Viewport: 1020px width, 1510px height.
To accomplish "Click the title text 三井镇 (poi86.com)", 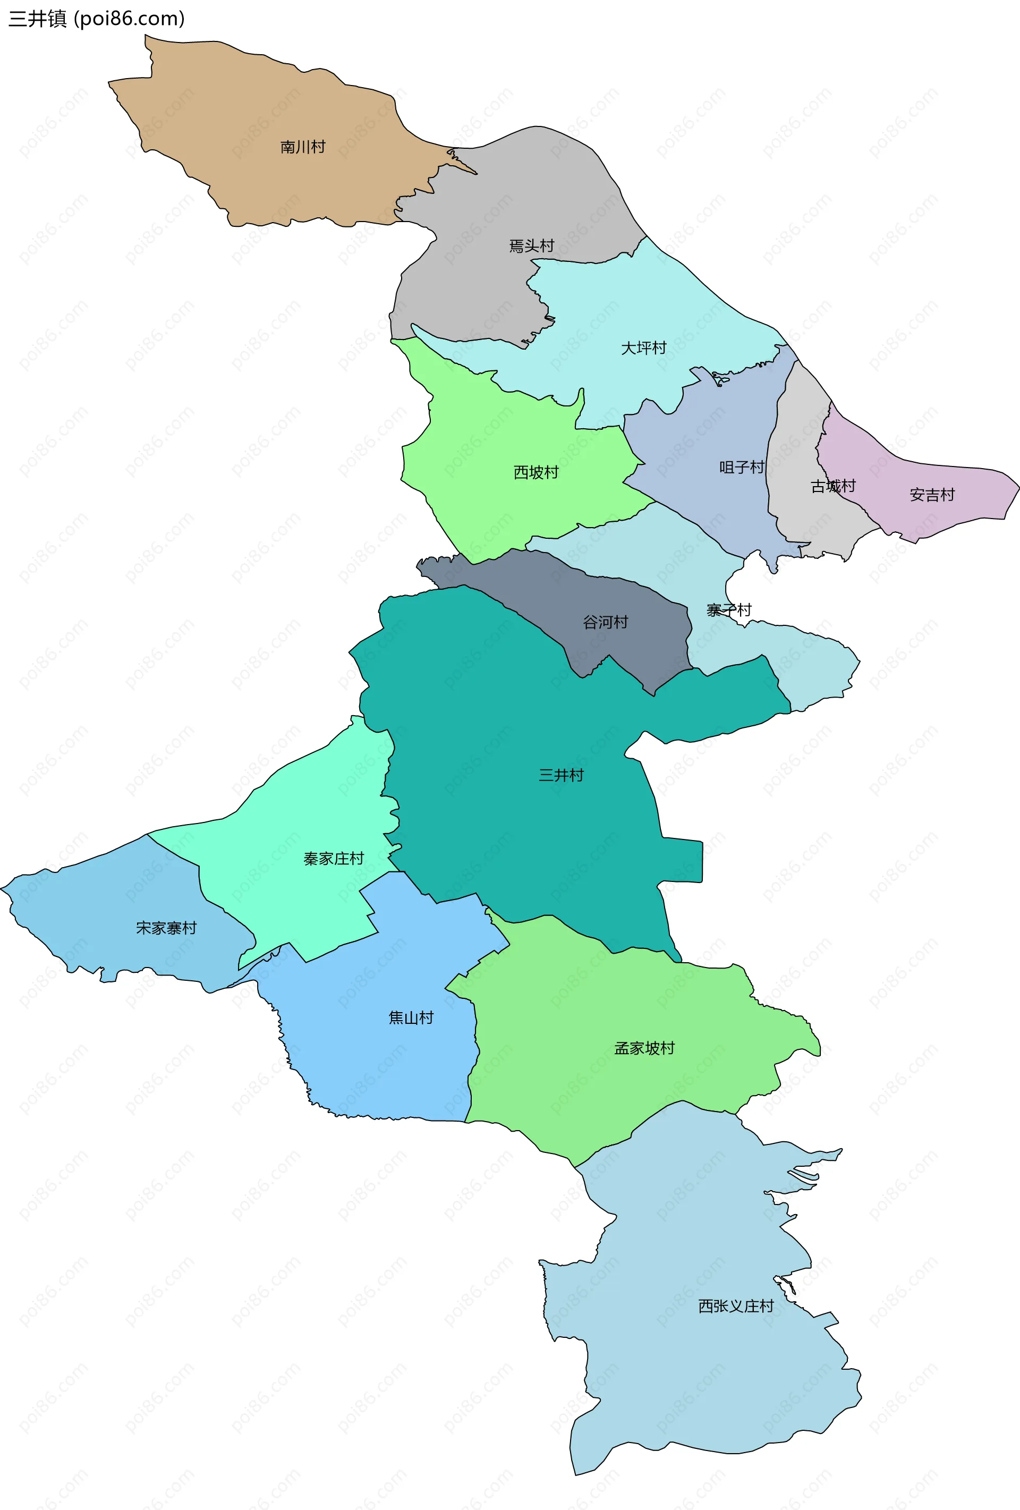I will point(96,19).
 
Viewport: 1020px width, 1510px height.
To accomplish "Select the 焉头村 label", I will point(531,246).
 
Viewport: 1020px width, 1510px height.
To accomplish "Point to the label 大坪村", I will point(644,348).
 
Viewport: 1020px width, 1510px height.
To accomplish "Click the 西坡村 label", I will point(536,472).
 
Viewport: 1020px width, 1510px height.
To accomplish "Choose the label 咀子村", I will point(741,467).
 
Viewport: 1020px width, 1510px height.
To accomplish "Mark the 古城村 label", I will point(833,486).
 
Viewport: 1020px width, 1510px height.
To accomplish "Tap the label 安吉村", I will point(932,495).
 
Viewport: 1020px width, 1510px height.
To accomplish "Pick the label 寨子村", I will point(729,610).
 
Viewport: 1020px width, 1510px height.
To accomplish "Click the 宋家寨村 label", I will point(166,928).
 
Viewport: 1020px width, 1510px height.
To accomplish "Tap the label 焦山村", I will point(411,1017).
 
